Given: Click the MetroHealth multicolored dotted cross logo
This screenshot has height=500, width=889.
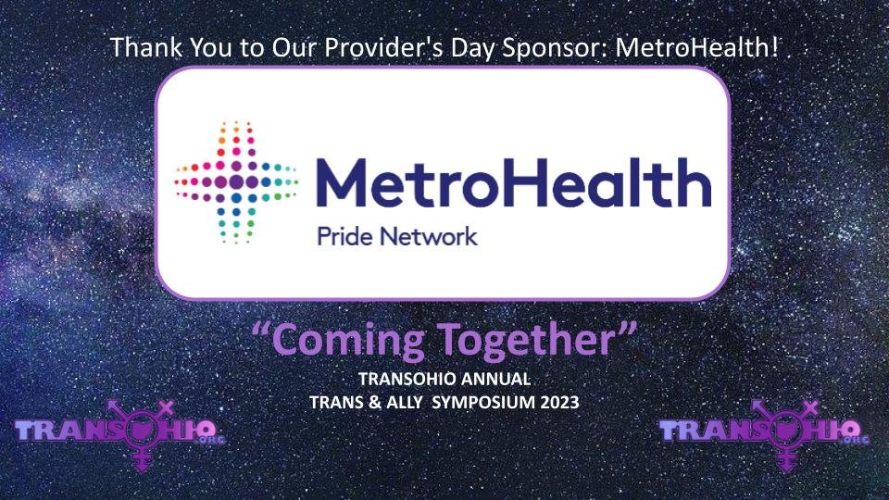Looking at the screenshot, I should [x=235, y=181].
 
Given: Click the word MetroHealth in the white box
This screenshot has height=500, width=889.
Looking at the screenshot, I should [x=514, y=181].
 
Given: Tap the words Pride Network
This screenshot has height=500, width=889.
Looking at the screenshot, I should [x=397, y=236].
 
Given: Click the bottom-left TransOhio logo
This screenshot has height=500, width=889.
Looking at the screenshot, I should [x=120, y=432].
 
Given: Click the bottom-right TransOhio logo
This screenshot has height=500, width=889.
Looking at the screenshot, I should [x=765, y=432].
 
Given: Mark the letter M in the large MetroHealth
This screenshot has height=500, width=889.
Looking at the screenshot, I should [x=344, y=181].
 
